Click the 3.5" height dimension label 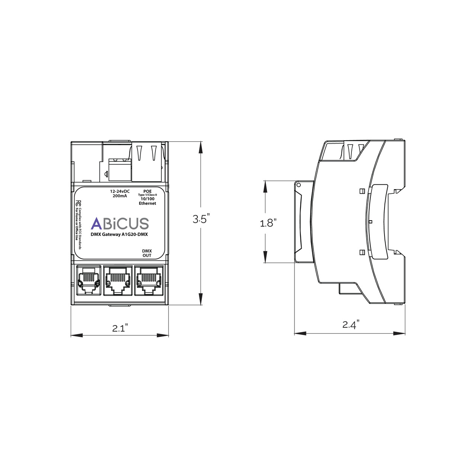(x=201, y=219)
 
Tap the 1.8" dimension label (x=268, y=223)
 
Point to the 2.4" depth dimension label (x=350, y=325)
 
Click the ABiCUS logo (x=120, y=223)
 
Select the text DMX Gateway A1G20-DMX (x=119, y=234)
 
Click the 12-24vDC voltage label (x=119, y=192)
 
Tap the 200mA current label (x=119, y=196)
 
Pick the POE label (x=147, y=191)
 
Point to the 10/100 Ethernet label (x=147, y=201)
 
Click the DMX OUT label (x=147, y=253)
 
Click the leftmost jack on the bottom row (x=88, y=280)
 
